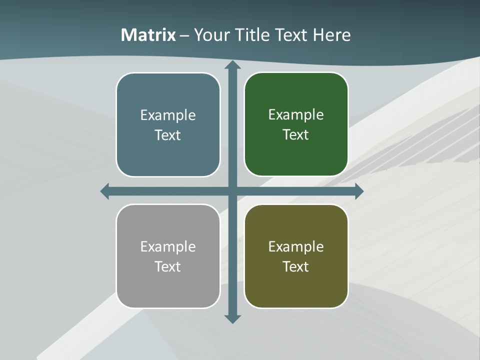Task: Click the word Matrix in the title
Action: click(148, 35)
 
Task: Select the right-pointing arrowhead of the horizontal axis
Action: click(358, 191)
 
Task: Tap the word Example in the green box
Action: click(296, 114)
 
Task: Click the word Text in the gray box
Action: click(168, 266)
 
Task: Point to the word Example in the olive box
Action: click(296, 246)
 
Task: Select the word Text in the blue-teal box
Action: click(168, 135)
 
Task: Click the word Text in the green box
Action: click(296, 134)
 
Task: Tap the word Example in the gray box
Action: click(168, 246)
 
